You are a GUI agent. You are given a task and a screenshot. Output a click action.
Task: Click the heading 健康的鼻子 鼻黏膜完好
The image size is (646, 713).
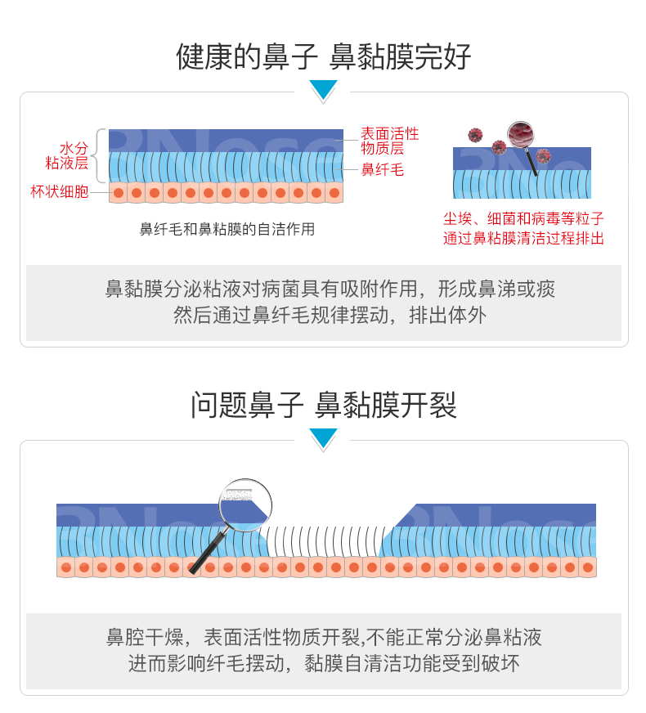click(x=323, y=57)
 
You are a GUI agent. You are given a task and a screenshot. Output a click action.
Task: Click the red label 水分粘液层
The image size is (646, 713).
click(x=70, y=156)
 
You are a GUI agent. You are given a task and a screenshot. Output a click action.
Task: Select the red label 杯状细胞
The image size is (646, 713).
click(x=59, y=193)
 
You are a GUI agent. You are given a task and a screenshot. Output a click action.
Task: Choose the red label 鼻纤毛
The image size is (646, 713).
click(x=383, y=170)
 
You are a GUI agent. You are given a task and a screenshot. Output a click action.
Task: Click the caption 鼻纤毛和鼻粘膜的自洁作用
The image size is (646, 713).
click(x=227, y=230)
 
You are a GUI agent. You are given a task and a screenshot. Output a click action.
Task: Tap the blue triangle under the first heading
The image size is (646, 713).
click(x=324, y=89)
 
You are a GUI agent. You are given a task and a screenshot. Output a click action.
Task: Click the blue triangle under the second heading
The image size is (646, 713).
click(x=324, y=437)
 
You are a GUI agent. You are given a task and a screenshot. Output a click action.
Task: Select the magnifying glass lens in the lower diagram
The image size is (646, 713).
click(x=245, y=500)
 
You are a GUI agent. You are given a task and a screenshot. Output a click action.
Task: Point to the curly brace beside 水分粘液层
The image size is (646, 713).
click(x=100, y=155)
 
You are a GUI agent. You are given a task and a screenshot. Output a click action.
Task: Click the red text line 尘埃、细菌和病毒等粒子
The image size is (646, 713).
click(x=523, y=219)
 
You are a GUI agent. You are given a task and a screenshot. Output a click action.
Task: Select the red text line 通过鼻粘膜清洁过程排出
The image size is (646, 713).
click(x=523, y=239)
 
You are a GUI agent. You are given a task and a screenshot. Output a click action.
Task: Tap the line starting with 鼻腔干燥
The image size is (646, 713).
click(x=324, y=637)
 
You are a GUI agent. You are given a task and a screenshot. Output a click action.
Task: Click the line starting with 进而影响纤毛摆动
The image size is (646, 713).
click(x=324, y=663)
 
